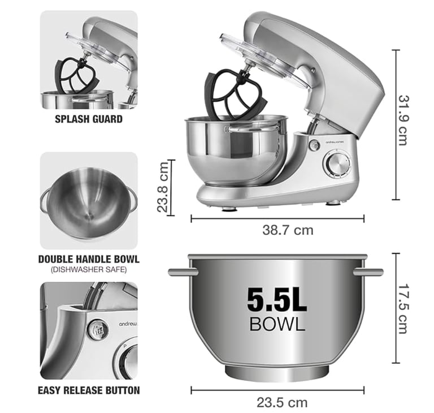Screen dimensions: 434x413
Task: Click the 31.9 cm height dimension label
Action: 403,120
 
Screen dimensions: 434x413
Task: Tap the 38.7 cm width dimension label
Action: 288,230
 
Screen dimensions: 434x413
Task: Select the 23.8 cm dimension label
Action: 163,187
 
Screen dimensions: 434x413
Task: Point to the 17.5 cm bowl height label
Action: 403,308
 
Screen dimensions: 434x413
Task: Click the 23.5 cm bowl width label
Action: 282,402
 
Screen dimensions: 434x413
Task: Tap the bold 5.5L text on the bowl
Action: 277,300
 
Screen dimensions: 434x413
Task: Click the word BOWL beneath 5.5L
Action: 277,324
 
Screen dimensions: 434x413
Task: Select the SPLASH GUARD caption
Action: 89,119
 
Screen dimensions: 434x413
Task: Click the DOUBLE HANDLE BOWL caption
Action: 89,259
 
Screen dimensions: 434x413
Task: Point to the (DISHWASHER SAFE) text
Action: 89,269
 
